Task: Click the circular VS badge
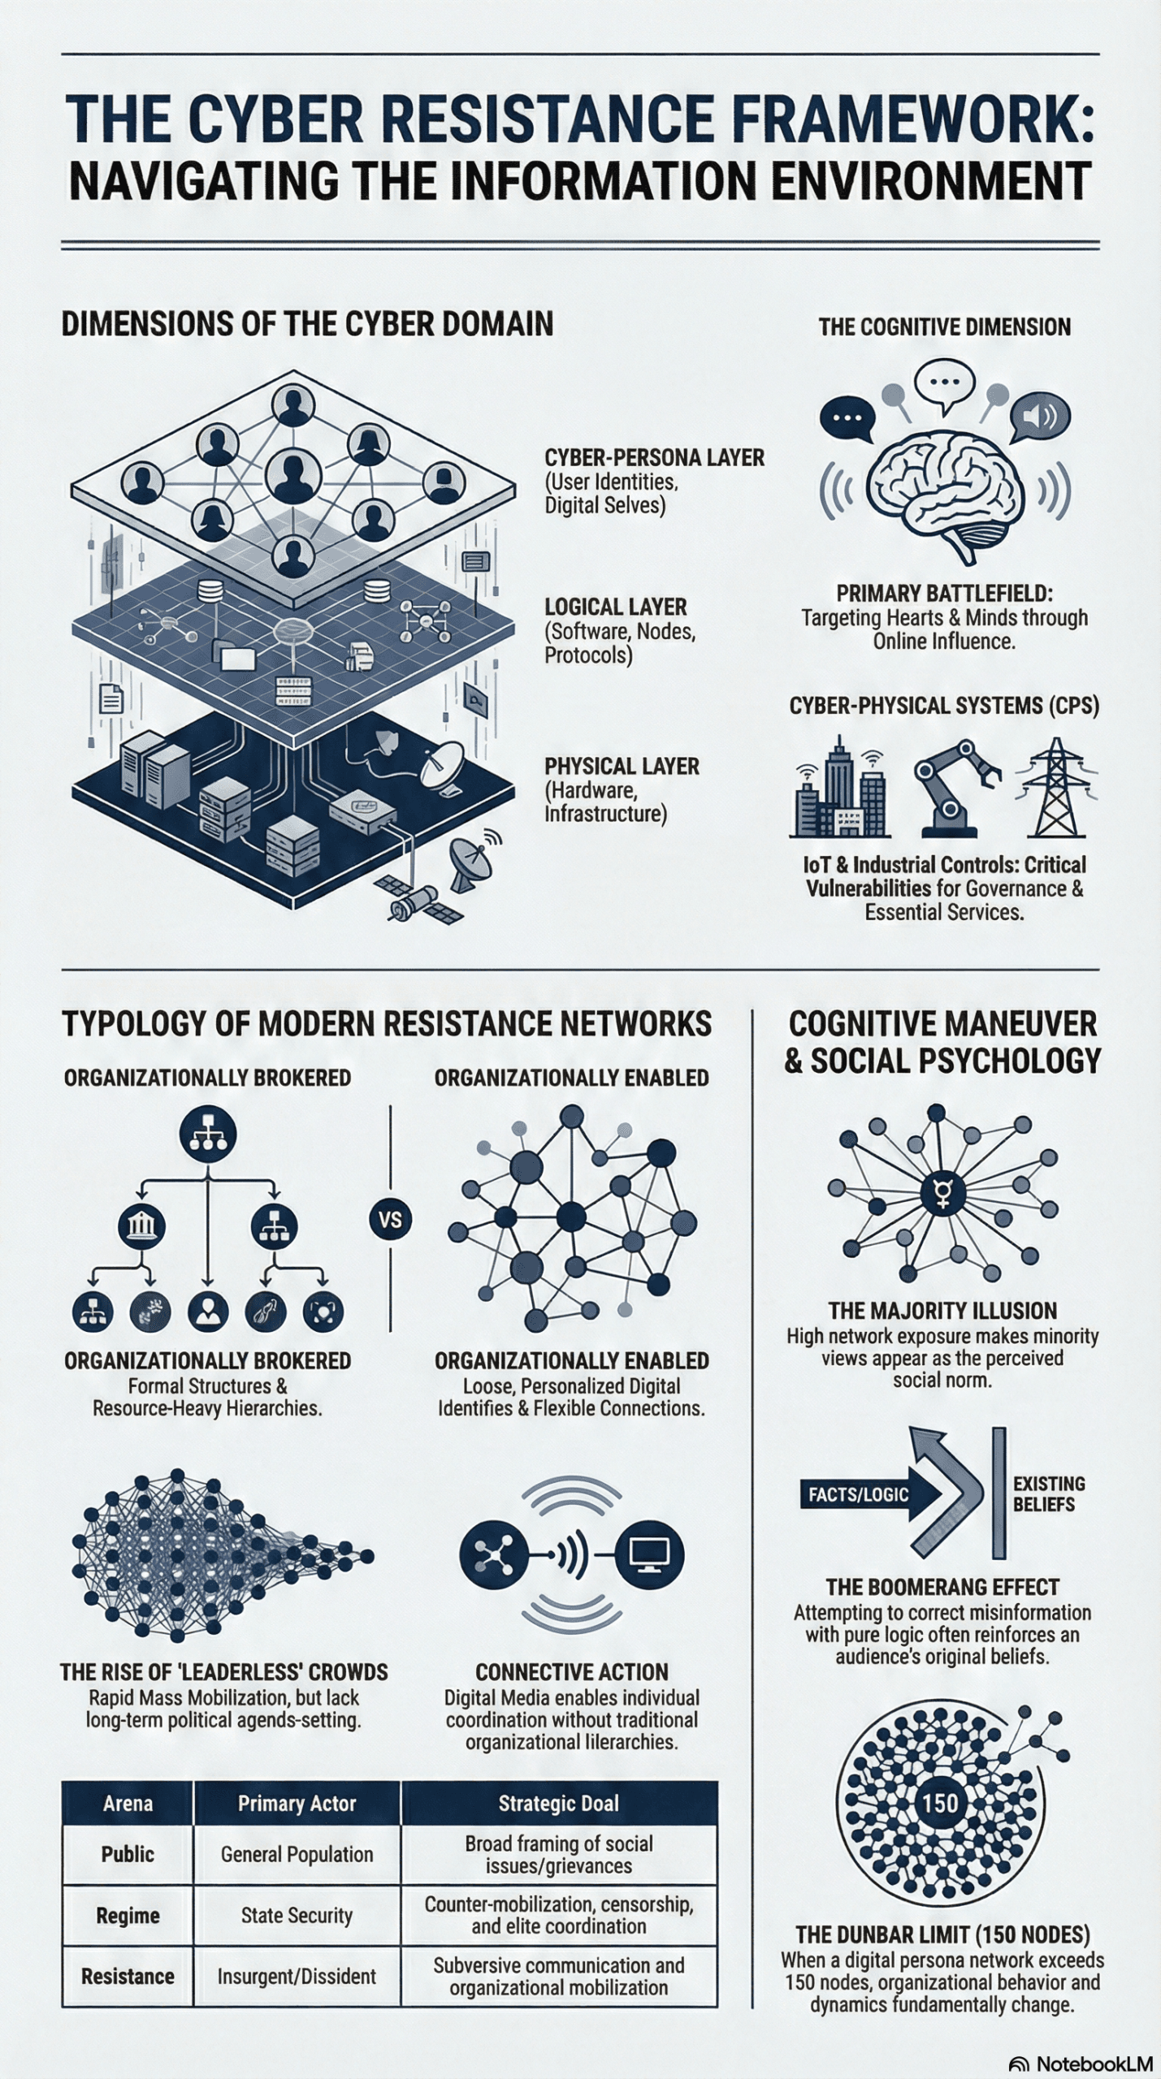pyautogui.click(x=390, y=1219)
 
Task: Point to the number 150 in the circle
pyautogui.click(x=939, y=1803)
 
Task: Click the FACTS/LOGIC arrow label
pyautogui.click(x=858, y=1493)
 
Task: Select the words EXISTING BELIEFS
pyautogui.click(x=1048, y=1493)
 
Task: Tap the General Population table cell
pyautogui.click(x=297, y=1854)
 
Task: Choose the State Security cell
pyautogui.click(x=297, y=1915)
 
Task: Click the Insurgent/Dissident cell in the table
pyautogui.click(x=297, y=1976)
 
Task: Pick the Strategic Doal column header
pyautogui.click(x=558, y=1803)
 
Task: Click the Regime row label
pyautogui.click(x=128, y=1915)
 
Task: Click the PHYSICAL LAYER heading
pyautogui.click(x=622, y=766)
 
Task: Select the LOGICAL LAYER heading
pyautogui.click(x=616, y=607)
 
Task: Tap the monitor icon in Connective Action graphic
pyautogui.click(x=650, y=1555)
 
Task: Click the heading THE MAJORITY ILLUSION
pyautogui.click(x=942, y=1311)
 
